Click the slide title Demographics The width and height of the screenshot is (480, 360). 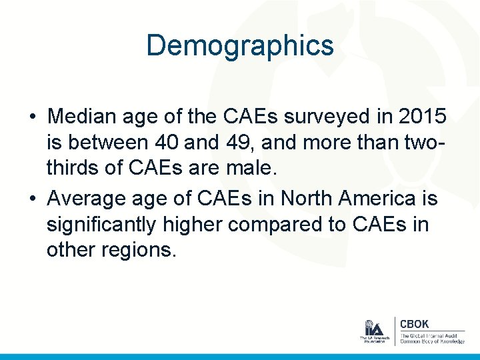tap(240, 45)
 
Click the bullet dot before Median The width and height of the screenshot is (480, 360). tap(33, 116)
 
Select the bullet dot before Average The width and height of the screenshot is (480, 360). tap(33, 198)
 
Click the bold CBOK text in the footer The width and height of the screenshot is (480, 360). tap(414, 324)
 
